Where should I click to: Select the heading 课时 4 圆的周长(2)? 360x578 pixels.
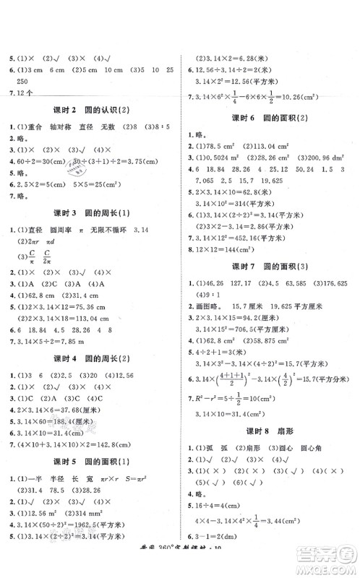click(x=89, y=359)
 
